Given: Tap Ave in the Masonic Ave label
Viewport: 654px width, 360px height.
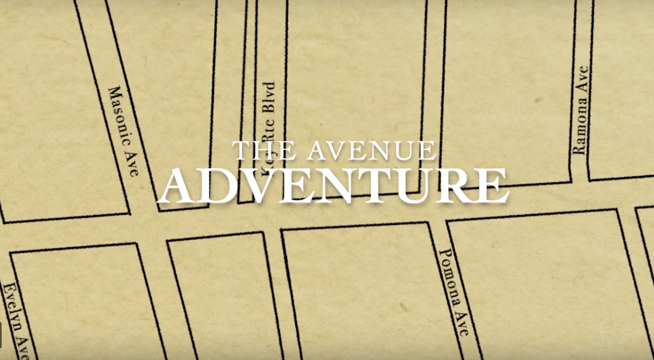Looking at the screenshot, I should coord(133,165).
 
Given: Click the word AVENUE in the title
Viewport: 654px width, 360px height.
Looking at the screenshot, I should coord(371,151).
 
